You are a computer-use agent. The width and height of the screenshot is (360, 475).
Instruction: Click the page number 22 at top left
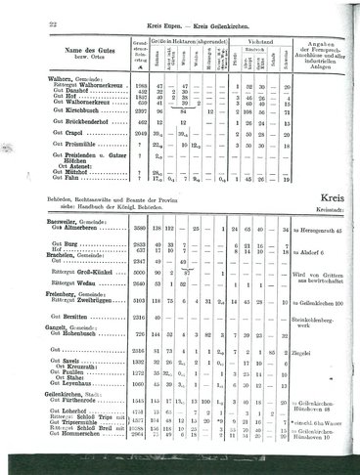point(28,9)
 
